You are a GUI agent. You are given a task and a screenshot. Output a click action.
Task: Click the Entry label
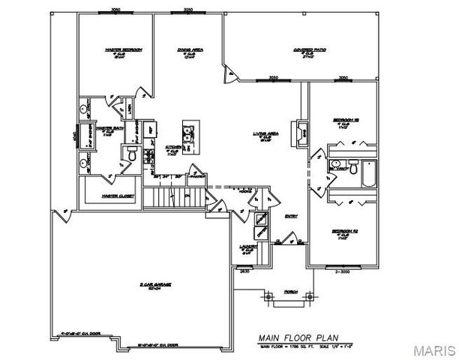click(x=291, y=217)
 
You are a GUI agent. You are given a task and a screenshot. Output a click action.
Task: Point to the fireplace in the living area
click(x=299, y=133)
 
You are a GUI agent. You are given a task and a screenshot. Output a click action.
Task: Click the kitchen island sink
click(x=188, y=136)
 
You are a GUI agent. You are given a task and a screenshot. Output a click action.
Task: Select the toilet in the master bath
click(x=130, y=155)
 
